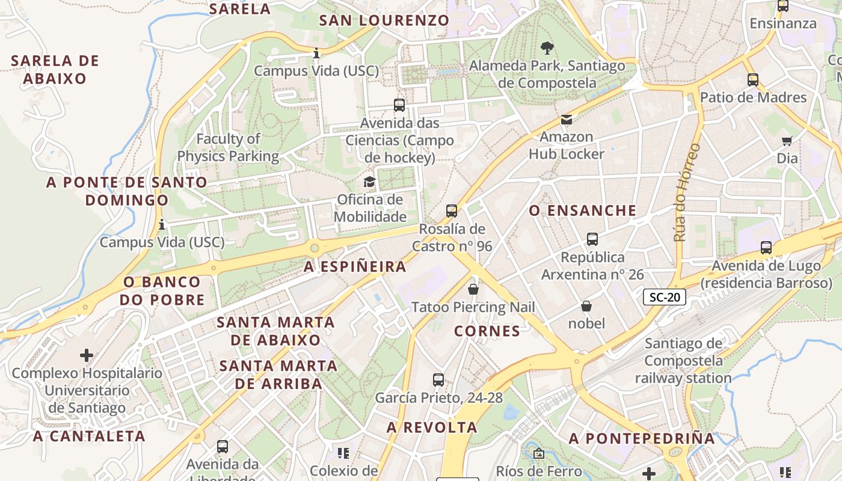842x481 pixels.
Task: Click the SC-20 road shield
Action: pyautogui.click(x=665, y=296)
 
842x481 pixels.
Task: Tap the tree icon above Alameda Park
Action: pyautogui.click(x=547, y=47)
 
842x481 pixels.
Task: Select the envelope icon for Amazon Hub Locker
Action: pyautogui.click(x=567, y=120)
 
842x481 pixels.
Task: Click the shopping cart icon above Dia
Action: pyautogui.click(x=787, y=141)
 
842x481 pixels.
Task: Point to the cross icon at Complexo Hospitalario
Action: pyautogui.click(x=87, y=355)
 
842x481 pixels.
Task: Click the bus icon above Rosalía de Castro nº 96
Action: pyautogui.click(x=452, y=211)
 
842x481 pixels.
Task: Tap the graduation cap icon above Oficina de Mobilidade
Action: pyautogui.click(x=369, y=182)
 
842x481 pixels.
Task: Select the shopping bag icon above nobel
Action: pyautogui.click(x=586, y=307)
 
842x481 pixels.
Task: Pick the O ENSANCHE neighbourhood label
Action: pyautogui.click(x=582, y=210)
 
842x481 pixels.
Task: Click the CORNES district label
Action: pyautogui.click(x=487, y=331)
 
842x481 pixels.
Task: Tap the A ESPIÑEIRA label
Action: pyautogui.click(x=355, y=267)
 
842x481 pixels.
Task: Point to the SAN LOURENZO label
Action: pyautogui.click(x=384, y=20)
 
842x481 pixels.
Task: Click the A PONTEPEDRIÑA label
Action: pyautogui.click(x=642, y=438)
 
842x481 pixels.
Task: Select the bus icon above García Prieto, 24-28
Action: pyautogui.click(x=438, y=380)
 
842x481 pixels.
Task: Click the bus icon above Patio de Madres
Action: pyautogui.click(x=752, y=80)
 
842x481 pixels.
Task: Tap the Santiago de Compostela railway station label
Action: pyautogui.click(x=683, y=361)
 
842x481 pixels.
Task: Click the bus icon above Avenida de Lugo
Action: pyautogui.click(x=766, y=248)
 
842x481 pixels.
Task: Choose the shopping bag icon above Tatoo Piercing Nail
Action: pyautogui.click(x=473, y=290)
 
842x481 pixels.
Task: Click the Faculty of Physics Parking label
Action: pyautogui.click(x=228, y=147)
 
